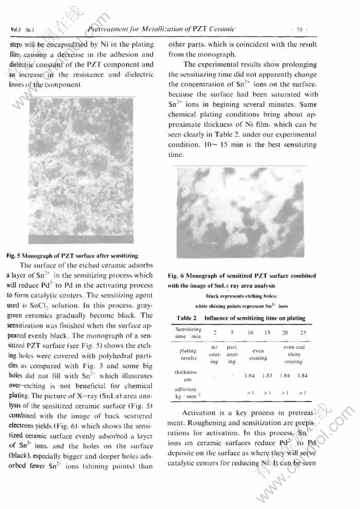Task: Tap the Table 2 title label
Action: [x=188, y=318]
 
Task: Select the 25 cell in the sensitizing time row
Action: [x=303, y=333]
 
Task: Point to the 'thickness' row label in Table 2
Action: [x=188, y=372]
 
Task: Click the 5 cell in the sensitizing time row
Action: [x=232, y=333]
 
